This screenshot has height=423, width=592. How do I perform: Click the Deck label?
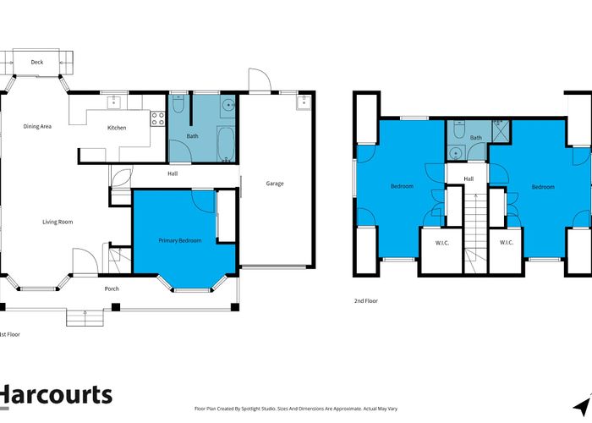click(37, 62)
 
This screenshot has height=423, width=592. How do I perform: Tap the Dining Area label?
click(37, 126)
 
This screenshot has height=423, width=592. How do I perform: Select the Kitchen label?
click(117, 128)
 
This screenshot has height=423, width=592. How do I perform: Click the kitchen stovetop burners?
click(158, 118)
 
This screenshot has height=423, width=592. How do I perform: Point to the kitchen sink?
click(113, 102)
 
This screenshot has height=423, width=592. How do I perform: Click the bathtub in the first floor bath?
click(226, 145)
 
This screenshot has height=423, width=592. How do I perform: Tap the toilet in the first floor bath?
click(178, 103)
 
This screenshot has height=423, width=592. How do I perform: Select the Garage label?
click(275, 184)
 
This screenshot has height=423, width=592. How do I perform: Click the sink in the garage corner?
click(304, 102)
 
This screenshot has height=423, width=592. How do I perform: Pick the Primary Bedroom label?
click(179, 240)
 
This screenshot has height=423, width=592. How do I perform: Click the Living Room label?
click(58, 222)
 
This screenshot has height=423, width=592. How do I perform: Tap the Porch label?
click(112, 288)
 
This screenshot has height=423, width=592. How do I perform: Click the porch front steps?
click(85, 317)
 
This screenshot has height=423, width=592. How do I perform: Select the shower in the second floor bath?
click(501, 127)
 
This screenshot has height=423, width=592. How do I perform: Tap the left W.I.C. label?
click(442, 243)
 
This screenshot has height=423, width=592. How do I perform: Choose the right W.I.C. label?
click(507, 243)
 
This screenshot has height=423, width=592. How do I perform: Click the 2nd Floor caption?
click(366, 300)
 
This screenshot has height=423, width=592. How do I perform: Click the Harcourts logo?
click(56, 395)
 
